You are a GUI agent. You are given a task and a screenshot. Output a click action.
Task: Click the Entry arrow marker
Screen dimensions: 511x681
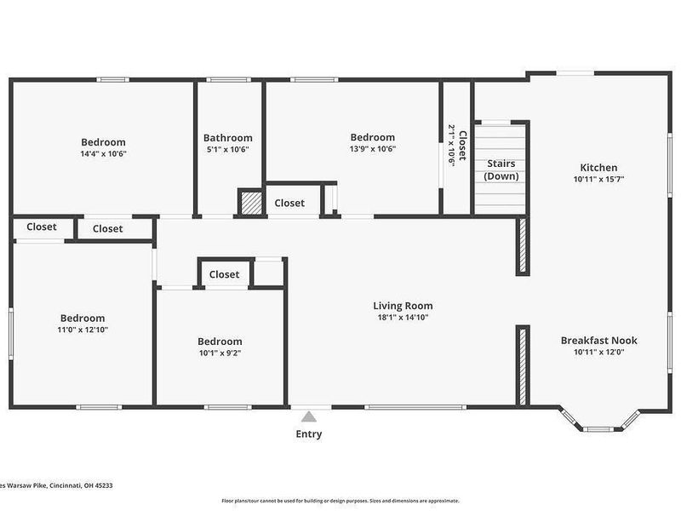coord(309,416)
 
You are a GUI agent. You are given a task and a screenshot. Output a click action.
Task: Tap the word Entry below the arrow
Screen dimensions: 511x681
coord(309,434)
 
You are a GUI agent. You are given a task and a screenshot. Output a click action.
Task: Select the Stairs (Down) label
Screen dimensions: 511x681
coord(501,169)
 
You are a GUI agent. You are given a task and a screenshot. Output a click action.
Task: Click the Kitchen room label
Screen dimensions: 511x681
coord(598,168)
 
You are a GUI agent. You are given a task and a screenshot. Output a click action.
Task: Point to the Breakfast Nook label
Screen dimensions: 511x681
coord(598,341)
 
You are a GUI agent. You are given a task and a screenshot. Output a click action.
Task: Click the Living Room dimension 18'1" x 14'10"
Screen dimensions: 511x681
coord(403,318)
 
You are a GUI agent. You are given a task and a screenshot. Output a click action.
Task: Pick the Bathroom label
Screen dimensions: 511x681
coord(227,138)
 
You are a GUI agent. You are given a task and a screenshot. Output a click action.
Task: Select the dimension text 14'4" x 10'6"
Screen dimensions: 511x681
coord(103,153)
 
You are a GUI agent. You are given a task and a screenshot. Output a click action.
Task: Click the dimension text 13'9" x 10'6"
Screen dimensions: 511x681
coord(372,149)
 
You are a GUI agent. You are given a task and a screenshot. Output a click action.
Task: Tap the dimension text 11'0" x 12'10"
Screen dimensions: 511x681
coord(83,330)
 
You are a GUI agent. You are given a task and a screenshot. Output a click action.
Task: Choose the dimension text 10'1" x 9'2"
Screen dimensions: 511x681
coord(220,353)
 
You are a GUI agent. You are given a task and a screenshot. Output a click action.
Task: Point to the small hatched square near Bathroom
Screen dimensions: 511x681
coord(250,203)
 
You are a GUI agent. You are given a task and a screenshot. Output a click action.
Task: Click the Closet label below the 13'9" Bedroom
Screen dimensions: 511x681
coord(289,203)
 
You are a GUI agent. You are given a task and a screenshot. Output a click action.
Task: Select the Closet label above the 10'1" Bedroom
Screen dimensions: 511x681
coord(224,274)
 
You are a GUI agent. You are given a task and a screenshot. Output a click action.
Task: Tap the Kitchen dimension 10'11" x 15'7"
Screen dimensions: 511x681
coord(598,180)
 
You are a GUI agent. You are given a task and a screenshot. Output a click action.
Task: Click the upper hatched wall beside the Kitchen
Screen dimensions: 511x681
coord(522,245)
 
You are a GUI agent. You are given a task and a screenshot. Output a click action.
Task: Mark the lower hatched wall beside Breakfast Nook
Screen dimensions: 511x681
coord(522,365)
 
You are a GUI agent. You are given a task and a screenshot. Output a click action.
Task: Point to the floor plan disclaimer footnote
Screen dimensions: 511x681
coord(340,501)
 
